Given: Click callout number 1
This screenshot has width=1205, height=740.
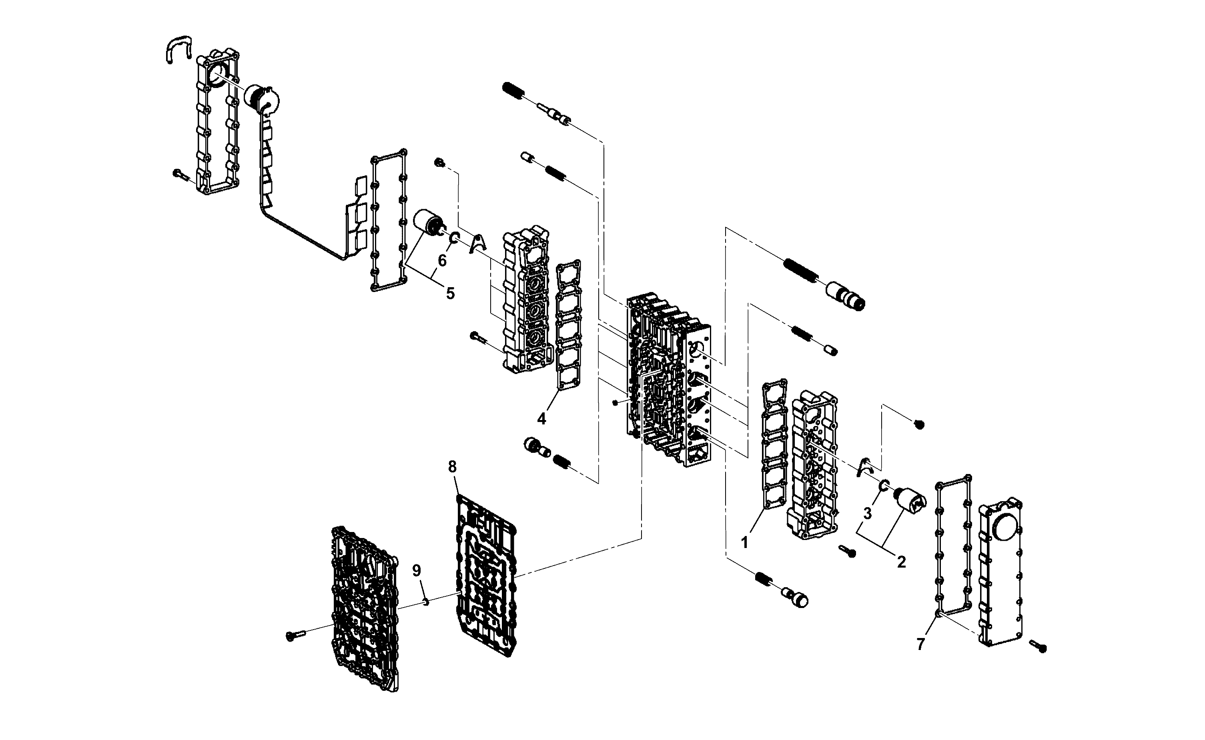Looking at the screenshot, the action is coord(745,542).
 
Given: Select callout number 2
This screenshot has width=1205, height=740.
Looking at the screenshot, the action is coord(901,561).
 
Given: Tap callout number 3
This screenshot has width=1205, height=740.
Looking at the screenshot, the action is coord(867,513).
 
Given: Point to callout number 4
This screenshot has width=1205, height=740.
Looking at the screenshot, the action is coord(541,418).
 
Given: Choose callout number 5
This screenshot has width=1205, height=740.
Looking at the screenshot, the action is coord(450,293).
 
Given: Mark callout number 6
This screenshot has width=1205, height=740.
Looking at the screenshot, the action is coord(442,260).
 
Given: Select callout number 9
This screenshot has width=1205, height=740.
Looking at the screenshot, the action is coord(416,570).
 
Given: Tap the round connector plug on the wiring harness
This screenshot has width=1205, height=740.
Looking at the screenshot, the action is coord(262,101).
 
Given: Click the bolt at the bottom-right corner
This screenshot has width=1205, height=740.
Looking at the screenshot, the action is coord(1038,646).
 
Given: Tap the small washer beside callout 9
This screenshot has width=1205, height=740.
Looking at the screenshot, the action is coord(426,602).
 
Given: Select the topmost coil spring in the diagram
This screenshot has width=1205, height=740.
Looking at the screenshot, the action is coord(513,90).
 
